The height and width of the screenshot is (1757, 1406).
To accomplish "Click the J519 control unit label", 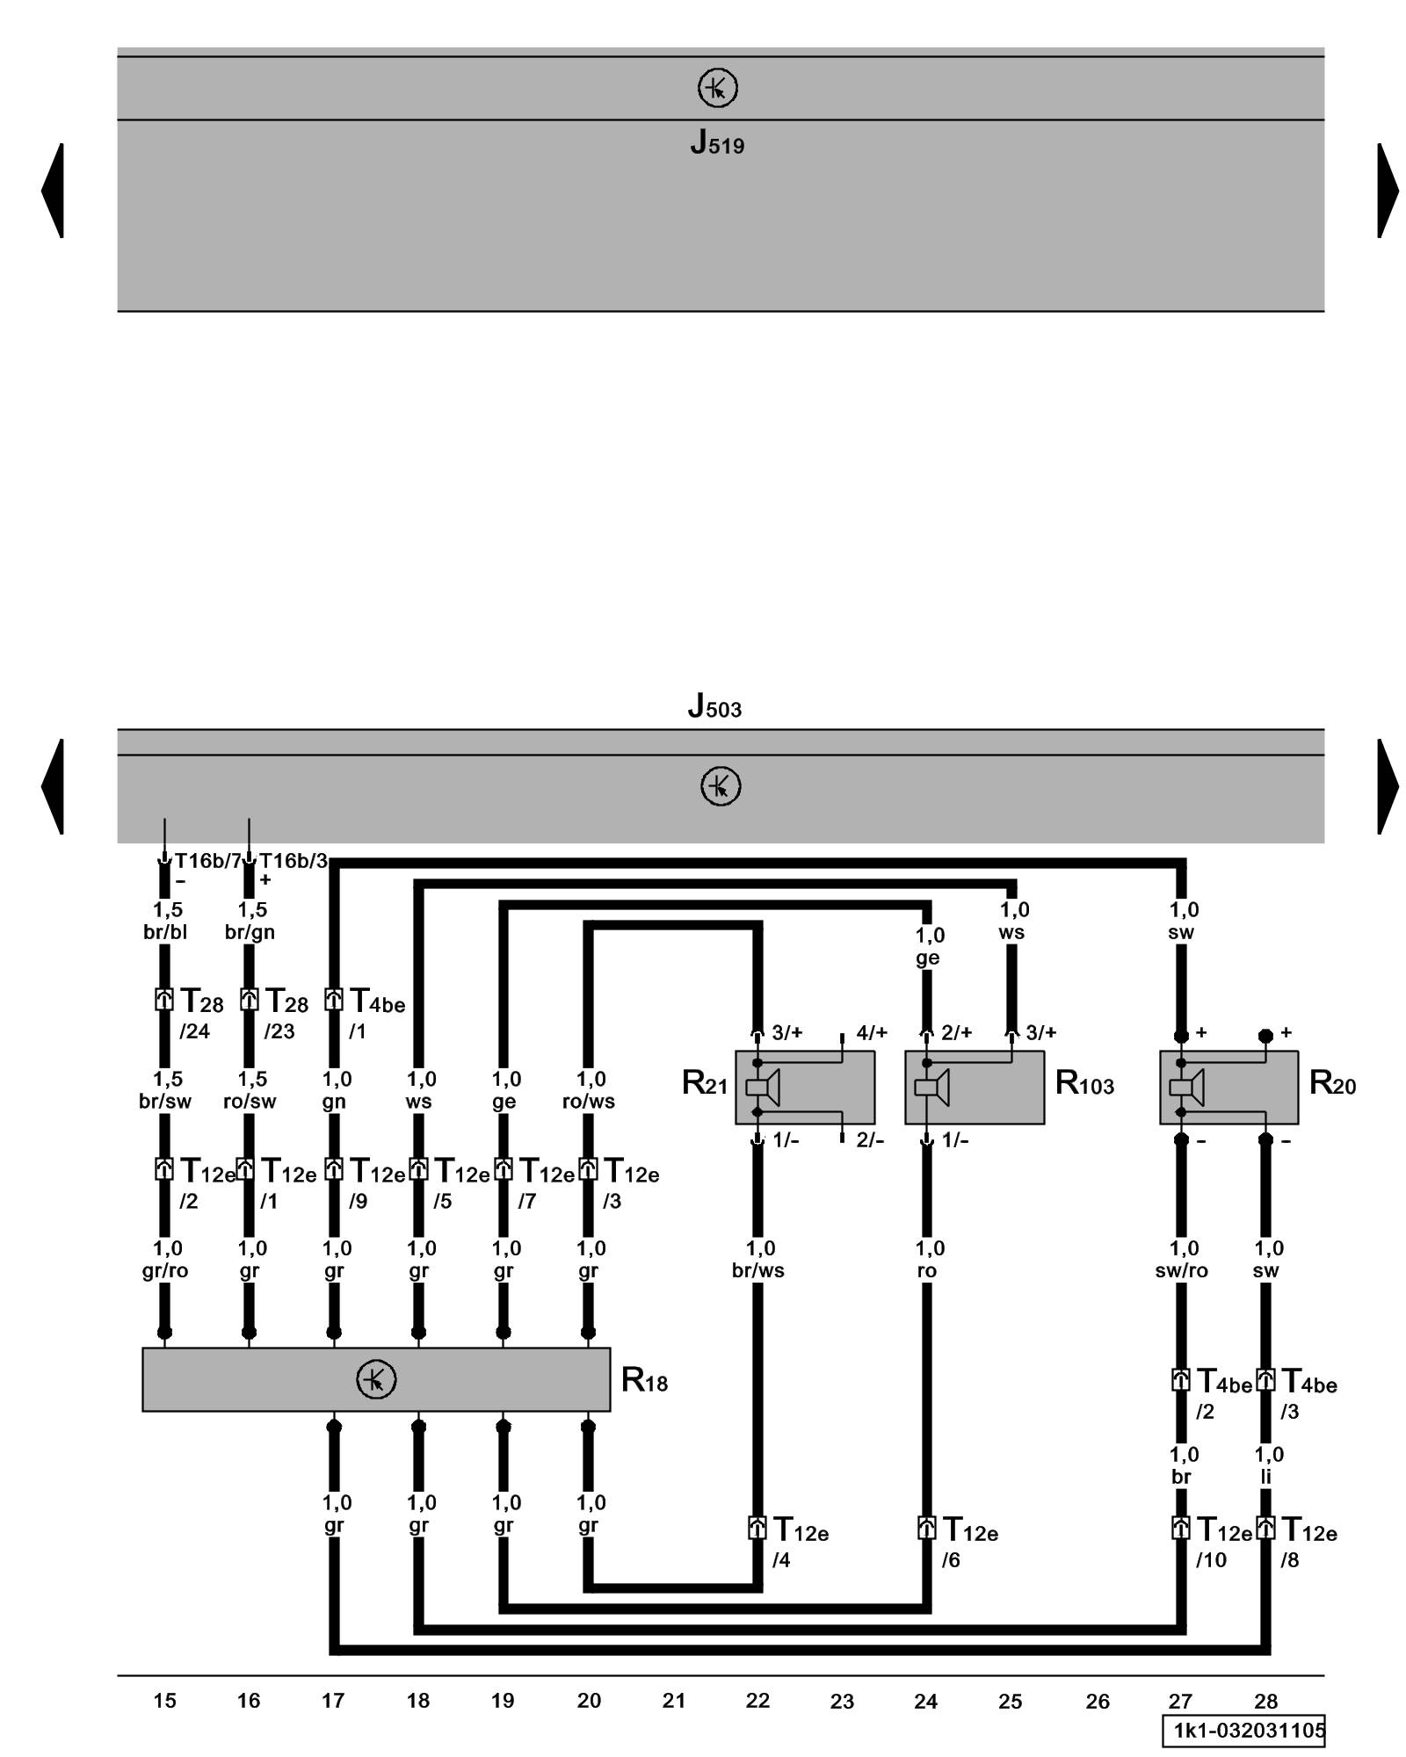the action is [x=717, y=142].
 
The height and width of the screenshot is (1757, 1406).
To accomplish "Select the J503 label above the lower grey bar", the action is [x=714, y=706].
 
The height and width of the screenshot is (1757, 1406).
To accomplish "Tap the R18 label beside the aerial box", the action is [x=644, y=1380].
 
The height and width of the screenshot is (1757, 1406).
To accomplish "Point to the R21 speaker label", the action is [x=705, y=1083].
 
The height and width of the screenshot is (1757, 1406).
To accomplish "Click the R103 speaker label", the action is [x=1084, y=1083].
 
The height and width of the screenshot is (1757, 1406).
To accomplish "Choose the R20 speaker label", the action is [x=1332, y=1083].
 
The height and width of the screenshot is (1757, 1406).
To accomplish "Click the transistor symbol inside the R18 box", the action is [x=376, y=1379].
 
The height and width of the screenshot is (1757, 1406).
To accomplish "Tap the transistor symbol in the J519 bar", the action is [x=717, y=89].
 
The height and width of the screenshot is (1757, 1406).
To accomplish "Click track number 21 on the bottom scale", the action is [x=673, y=1701].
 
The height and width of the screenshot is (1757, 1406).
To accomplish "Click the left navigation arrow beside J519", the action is [x=53, y=190].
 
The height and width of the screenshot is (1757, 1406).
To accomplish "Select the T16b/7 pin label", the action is [x=207, y=861].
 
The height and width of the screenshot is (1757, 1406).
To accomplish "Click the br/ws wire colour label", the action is [x=758, y=1270].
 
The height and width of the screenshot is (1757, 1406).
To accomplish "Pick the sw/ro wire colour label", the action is [x=1181, y=1270].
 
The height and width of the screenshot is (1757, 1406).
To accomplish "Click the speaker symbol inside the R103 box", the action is [x=931, y=1088].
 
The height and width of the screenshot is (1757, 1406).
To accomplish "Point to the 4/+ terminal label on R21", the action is [x=872, y=1033].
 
